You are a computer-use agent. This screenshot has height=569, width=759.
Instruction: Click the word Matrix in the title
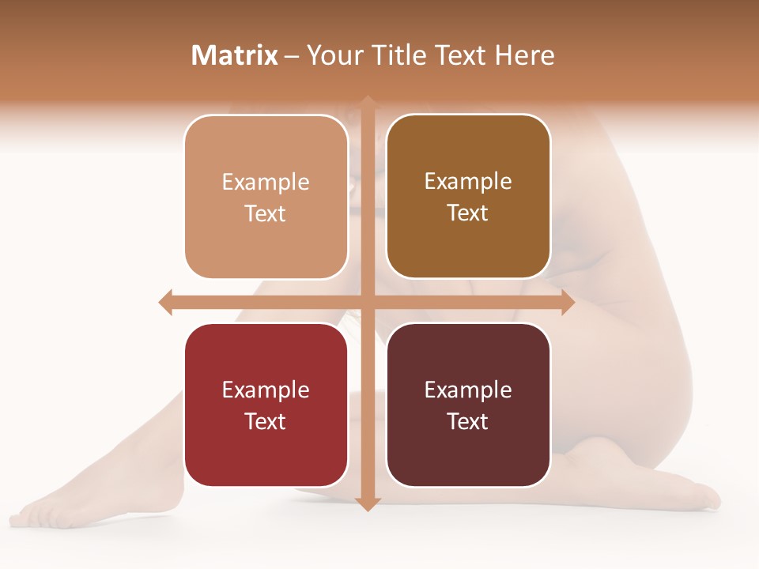(235, 55)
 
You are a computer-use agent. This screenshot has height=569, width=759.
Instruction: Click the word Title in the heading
(391, 55)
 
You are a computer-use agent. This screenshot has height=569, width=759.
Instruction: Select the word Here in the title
(524, 55)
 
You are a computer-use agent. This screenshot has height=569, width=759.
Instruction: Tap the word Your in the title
(332, 55)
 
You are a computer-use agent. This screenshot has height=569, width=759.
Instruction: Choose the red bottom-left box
(266, 458)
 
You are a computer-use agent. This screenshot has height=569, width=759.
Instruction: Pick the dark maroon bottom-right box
(468, 458)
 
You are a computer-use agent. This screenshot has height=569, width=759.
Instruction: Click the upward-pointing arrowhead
(368, 103)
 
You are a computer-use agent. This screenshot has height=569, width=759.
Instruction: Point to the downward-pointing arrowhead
(368, 504)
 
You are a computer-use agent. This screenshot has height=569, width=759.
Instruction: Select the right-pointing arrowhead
(568, 302)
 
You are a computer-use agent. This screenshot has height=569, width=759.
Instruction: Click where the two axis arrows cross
(368, 302)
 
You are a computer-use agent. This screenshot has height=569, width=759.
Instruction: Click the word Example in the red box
(266, 390)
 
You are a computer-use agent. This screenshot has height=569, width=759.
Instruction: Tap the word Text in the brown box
(468, 213)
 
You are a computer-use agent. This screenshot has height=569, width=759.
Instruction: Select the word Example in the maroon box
(468, 390)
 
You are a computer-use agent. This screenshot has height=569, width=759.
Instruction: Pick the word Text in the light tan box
(266, 213)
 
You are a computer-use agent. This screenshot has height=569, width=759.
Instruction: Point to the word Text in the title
(459, 55)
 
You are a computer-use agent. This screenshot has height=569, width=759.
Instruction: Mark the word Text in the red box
(266, 421)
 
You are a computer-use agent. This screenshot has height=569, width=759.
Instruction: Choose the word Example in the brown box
(468, 181)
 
